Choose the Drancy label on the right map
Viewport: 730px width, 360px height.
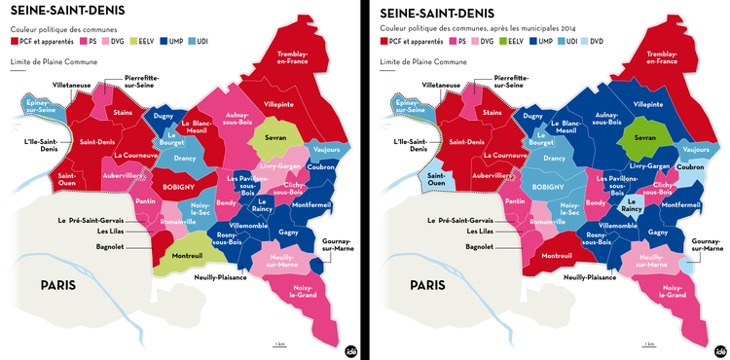[x=555, y=158]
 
